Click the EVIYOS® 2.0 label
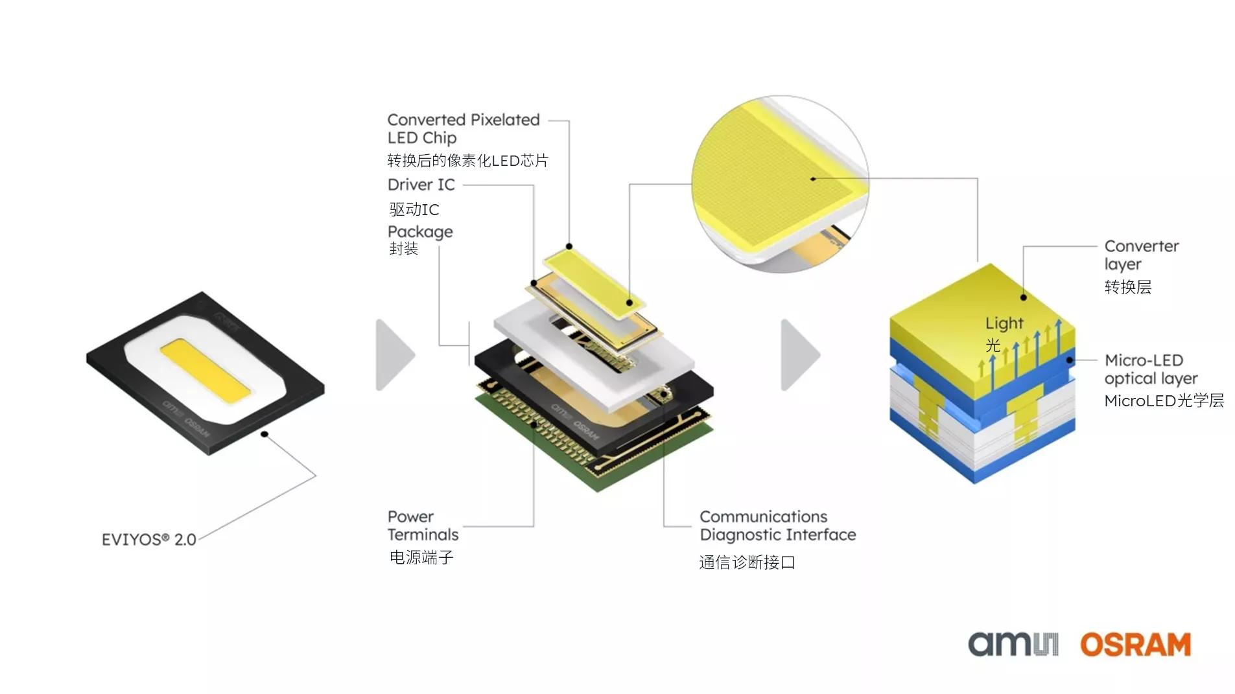pyautogui.click(x=148, y=539)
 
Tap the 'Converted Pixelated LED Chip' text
pyautogui.click(x=462, y=128)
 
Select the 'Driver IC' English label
pyautogui.click(x=421, y=185)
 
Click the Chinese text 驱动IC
pyautogui.click(x=414, y=209)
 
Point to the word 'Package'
pyautogui.click(x=419, y=231)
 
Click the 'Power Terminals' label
pyautogui.click(x=422, y=526)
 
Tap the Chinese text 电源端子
pyautogui.click(x=421, y=557)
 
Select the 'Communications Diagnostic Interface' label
pyautogui.click(x=777, y=526)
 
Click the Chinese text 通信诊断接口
pyautogui.click(x=746, y=562)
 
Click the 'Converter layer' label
pyautogui.click(x=1140, y=255)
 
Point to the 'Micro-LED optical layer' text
pyautogui.click(x=1150, y=369)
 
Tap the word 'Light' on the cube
pyautogui.click(x=1004, y=323)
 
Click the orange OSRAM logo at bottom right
pyautogui.click(x=1135, y=645)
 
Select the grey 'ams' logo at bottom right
pyautogui.click(x=1012, y=645)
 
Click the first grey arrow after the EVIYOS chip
pyautogui.click(x=393, y=355)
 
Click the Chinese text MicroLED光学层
pyautogui.click(x=1164, y=400)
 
